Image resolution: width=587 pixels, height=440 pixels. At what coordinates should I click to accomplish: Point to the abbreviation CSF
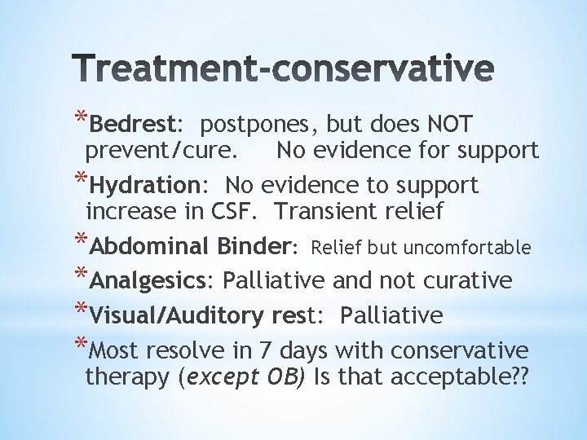point(241,212)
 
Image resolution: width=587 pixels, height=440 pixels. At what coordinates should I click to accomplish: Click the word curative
point(466,281)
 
